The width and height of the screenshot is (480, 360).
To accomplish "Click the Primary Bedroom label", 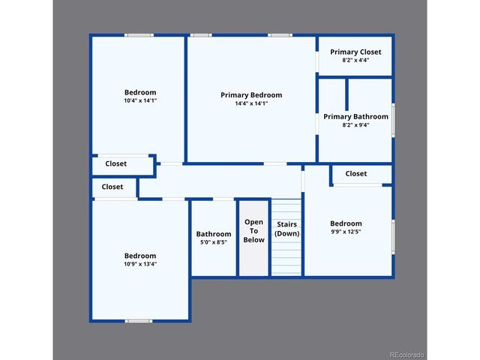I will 251,95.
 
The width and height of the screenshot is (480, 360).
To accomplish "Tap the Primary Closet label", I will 355,52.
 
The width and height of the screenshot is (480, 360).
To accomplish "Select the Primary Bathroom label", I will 355,116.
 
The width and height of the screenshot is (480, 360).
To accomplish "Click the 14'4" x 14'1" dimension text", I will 251,103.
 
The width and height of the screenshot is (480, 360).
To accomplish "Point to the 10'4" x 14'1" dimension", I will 140,100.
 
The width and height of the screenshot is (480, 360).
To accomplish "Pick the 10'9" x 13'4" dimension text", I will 140,263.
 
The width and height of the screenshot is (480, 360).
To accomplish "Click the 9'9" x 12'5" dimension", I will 346,232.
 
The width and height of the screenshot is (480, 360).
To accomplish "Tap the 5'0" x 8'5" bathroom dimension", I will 214,242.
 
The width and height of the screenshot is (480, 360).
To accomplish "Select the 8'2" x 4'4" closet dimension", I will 355,60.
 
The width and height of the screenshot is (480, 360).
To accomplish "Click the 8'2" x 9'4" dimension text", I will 355,125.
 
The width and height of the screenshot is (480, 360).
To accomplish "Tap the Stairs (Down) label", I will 286,229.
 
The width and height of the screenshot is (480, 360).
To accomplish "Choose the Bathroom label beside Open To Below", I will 214,233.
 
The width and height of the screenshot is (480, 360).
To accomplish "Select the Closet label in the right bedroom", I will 356,173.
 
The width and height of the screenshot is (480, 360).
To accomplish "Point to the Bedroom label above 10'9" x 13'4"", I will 140,255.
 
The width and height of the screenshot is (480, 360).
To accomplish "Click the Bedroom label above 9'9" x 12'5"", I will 346,223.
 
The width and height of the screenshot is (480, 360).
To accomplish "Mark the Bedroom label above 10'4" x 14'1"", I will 140,92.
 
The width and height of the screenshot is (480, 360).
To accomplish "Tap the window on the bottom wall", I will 139,321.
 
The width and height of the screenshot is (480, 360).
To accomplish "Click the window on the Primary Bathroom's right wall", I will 394,120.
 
